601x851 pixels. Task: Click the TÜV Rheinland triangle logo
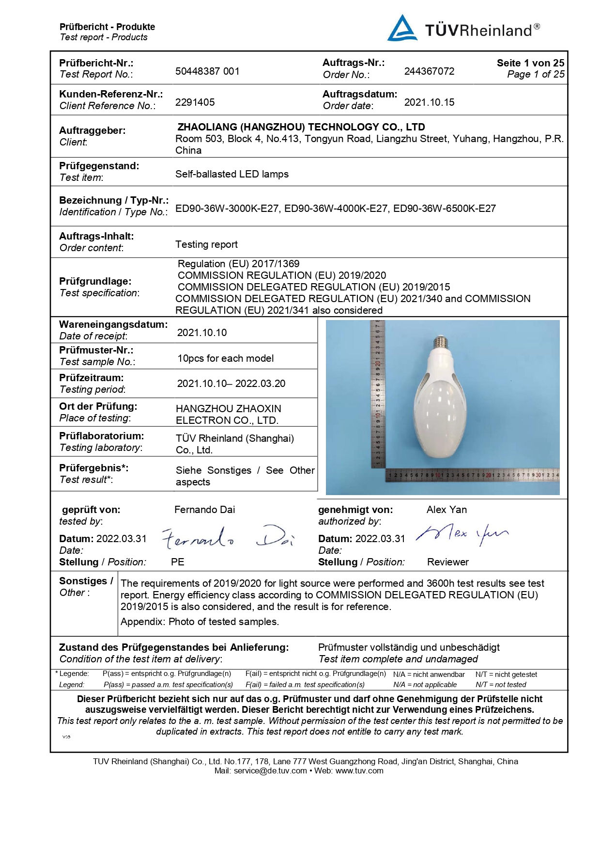[402, 29]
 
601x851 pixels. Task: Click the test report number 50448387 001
[207, 71]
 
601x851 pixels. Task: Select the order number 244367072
[429, 71]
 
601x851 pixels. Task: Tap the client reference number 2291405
[195, 102]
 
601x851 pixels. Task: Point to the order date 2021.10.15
[429, 102]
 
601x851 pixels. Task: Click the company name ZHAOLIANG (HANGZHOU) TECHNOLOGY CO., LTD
[301, 127]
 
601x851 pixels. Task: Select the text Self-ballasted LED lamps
[231, 174]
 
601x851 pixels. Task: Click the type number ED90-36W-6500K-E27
[444, 209]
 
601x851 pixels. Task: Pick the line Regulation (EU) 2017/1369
[238, 264]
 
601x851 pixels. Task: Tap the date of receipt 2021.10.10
[202, 333]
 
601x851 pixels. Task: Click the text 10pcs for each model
[225, 358]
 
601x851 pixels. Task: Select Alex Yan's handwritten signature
[461, 533]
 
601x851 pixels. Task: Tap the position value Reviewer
[447, 562]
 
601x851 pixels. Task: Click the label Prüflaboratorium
[101, 436]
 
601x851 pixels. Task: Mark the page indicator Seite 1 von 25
[530, 63]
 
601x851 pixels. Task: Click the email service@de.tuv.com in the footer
[270, 771]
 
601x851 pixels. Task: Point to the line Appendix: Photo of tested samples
[200, 622]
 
